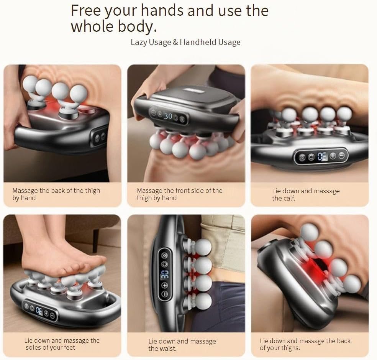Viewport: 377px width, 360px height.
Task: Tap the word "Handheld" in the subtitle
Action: click(x=194, y=42)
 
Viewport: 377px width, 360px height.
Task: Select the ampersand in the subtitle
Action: click(x=175, y=42)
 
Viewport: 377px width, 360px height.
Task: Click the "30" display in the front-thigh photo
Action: click(x=168, y=116)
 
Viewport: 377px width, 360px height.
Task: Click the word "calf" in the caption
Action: click(x=283, y=198)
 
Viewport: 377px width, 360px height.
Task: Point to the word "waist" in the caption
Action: click(x=168, y=348)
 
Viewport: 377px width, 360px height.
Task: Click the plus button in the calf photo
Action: click(x=333, y=156)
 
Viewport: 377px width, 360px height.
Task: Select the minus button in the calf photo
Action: click(x=341, y=156)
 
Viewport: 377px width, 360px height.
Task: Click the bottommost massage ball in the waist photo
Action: click(x=203, y=301)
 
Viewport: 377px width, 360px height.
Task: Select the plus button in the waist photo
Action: click(x=165, y=285)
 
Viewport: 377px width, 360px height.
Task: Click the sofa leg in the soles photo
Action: click(x=96, y=237)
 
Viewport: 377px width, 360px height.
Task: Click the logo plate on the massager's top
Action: click(x=190, y=91)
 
